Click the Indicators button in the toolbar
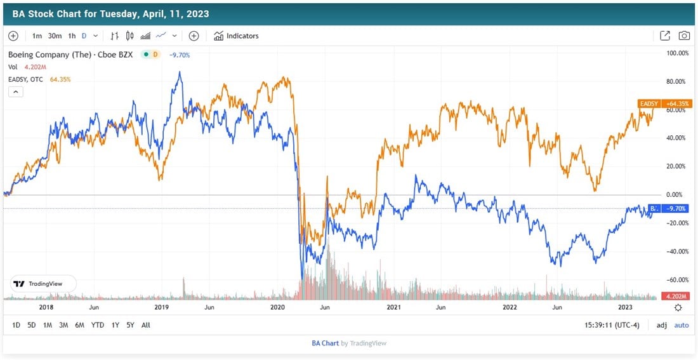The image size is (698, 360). point(236,36)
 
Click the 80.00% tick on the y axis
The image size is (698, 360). point(676,81)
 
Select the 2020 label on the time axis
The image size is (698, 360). point(278,307)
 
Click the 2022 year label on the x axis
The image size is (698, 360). point(510,307)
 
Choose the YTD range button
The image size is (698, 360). point(98,325)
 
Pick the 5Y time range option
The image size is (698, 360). point(130,325)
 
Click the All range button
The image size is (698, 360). point(146,325)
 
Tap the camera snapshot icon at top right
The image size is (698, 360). point(684,36)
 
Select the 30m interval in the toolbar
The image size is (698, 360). point(55,36)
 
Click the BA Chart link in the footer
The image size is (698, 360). point(325,343)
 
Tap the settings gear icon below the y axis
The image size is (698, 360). point(678,307)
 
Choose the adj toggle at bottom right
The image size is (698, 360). point(662,325)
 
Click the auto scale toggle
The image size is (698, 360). point(681,325)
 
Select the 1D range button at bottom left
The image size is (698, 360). point(16,325)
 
